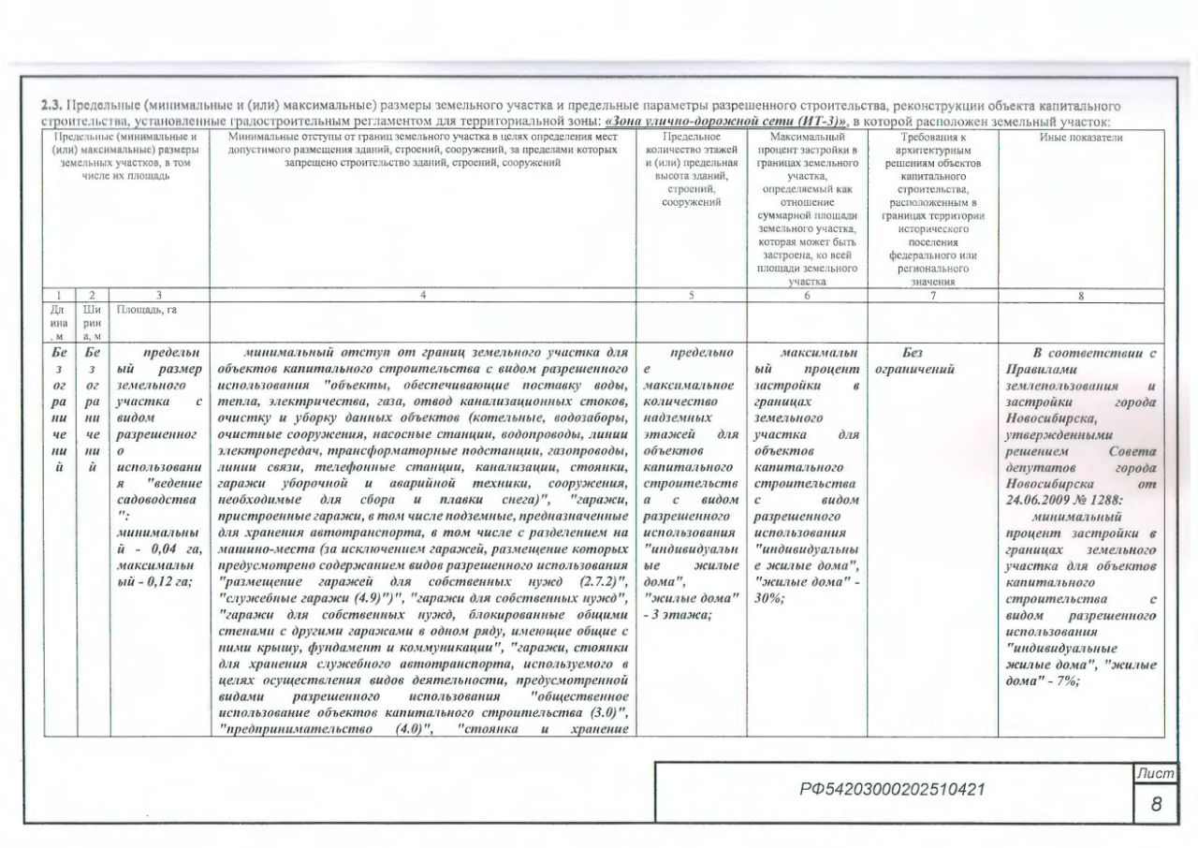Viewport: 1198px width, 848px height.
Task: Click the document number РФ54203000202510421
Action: point(893,789)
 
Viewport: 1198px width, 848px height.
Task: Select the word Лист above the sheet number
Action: point(1155,772)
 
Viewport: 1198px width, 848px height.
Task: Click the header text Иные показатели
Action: point(1081,138)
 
